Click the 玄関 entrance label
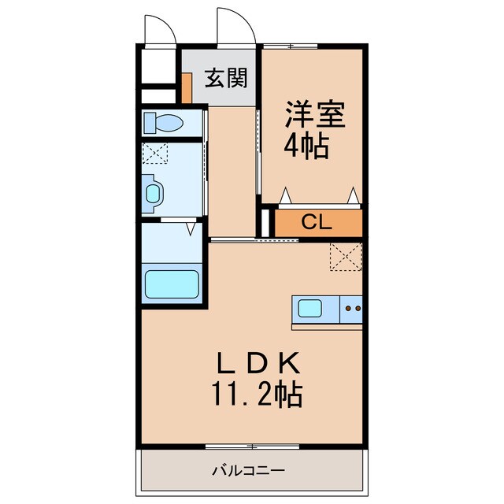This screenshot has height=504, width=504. coord(226,78)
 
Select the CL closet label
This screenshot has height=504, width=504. coord(317,222)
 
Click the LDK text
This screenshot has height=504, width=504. coord(259,363)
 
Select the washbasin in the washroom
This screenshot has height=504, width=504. coord(152,193)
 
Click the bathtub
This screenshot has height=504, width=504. coord(171,284)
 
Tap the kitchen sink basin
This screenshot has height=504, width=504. coord(310,308)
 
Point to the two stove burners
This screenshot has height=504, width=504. coord(352,309)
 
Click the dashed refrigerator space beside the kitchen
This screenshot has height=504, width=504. coord(346,258)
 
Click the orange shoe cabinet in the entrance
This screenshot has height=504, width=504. coord(187,87)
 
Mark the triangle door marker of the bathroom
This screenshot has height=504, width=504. coord(190,229)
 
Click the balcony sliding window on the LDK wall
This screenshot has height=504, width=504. coord(250,447)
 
